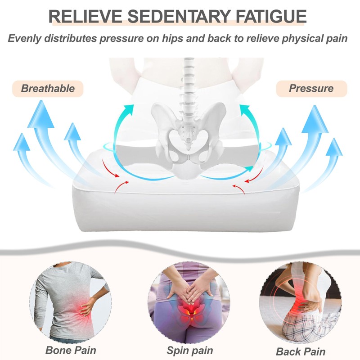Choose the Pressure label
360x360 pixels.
[x=311, y=89]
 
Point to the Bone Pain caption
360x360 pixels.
[x=71, y=350]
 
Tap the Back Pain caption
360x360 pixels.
[x=300, y=351]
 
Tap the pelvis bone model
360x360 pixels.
[x=188, y=135]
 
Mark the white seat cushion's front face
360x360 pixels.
[x=180, y=211]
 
